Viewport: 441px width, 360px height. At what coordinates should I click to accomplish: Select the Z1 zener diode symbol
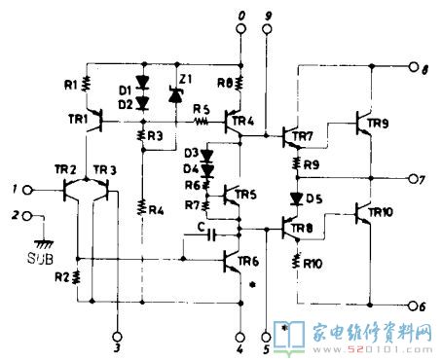click(x=176, y=95)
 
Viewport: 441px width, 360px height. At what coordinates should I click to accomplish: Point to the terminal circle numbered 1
click(x=30, y=188)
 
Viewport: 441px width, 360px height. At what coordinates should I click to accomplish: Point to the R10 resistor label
click(x=312, y=263)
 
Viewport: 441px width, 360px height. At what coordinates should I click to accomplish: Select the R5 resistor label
click(x=201, y=109)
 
